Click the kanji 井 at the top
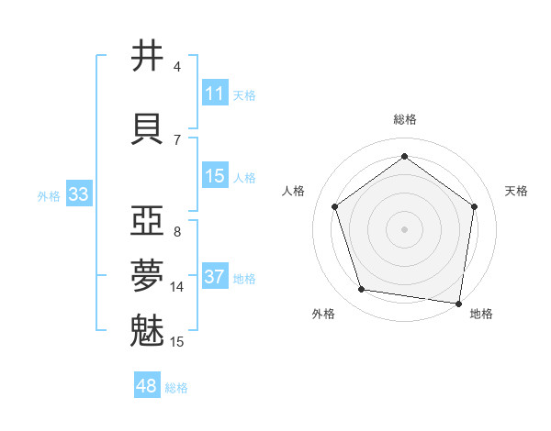point(148,56)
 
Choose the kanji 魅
point(148,330)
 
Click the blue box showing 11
point(215,94)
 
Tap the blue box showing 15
point(215,176)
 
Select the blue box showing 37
point(215,277)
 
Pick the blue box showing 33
point(78,194)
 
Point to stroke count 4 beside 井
point(177,67)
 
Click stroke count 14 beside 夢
point(178,287)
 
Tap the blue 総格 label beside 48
point(177,388)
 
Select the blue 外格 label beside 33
point(49,195)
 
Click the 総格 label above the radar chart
point(404,119)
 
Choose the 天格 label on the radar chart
point(517,191)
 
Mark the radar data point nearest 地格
point(458,303)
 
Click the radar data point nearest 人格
point(334,206)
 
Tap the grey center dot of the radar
point(404,228)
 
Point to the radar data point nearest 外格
point(362,290)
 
